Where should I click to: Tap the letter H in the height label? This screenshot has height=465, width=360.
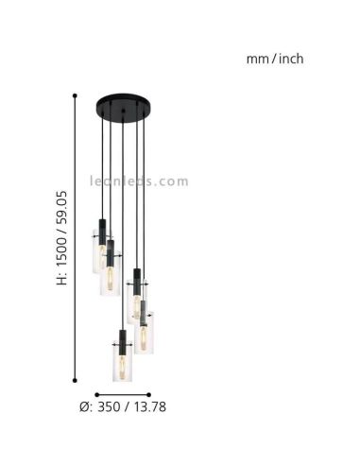tap(63, 280)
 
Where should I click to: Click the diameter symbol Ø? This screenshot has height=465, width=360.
tap(86, 407)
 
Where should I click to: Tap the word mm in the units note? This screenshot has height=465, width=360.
tap(256, 59)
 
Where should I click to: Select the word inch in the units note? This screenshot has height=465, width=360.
tap(289, 59)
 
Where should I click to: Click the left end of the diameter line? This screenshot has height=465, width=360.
tap(95, 395)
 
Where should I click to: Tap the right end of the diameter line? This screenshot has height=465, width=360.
tap(149, 395)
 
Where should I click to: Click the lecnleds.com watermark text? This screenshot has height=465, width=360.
tap(139, 181)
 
